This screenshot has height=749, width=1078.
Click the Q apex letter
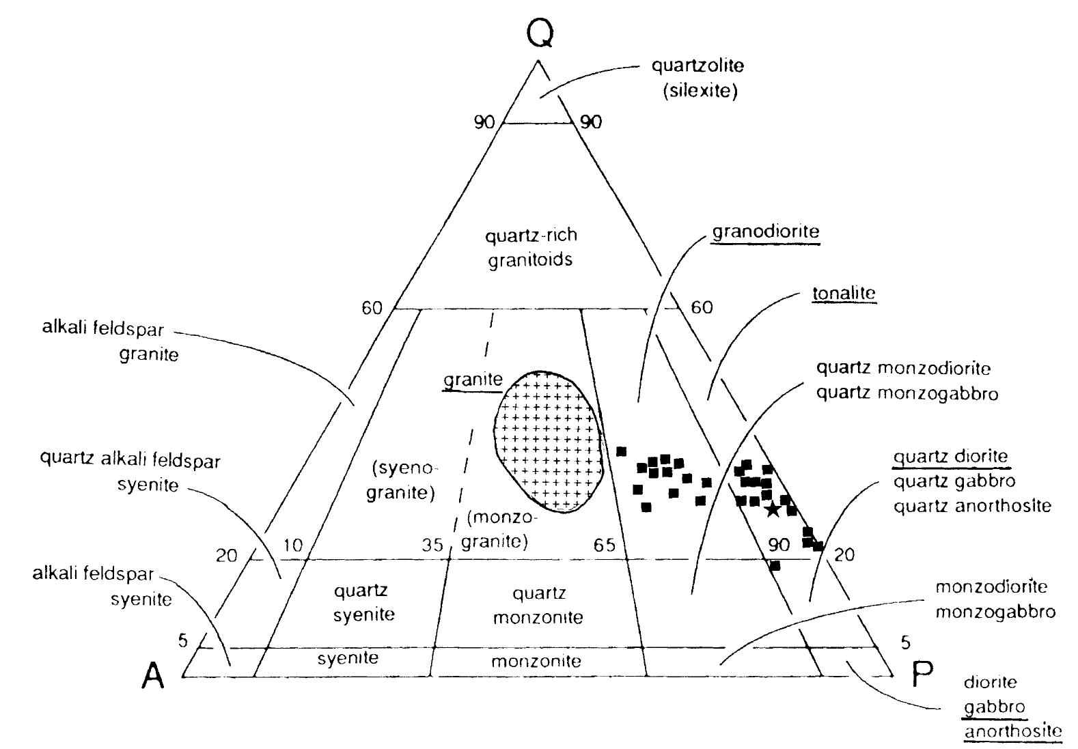click(x=539, y=33)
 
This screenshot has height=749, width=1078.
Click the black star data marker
click(x=773, y=509)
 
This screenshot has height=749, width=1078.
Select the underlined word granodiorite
click(x=766, y=232)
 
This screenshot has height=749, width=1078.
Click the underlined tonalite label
click(x=844, y=294)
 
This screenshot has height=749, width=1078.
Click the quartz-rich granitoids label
click(x=531, y=247)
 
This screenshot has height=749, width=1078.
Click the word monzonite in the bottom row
click(x=536, y=661)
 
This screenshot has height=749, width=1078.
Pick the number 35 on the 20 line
click(x=432, y=545)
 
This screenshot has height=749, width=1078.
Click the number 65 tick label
click(x=604, y=545)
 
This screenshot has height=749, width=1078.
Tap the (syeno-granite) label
click(x=402, y=481)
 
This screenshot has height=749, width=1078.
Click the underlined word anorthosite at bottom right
click(x=1012, y=731)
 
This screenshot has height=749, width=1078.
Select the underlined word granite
click(x=473, y=380)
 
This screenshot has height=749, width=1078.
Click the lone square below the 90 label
click(x=775, y=565)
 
